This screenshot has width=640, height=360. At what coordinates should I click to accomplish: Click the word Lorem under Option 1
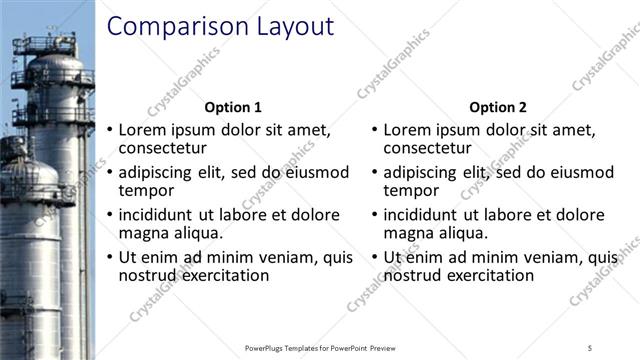[x=143, y=130]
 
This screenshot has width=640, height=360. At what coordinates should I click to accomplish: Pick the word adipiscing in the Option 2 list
[x=420, y=172]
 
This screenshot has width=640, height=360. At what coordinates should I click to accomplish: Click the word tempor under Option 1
[x=146, y=191]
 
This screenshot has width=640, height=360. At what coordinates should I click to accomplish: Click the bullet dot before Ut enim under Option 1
[x=109, y=258]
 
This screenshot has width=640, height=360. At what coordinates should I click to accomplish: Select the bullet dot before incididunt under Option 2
[x=374, y=215]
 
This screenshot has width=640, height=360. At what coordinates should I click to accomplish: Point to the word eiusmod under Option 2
[x=579, y=172]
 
